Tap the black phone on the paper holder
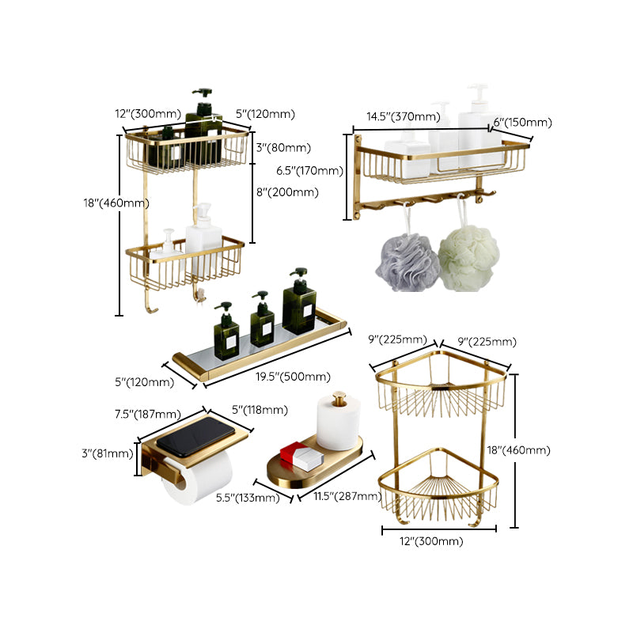point(199,434)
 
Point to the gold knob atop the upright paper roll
point(339,396)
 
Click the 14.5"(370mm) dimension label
point(403,116)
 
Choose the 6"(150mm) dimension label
point(522,122)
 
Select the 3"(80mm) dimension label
point(282,147)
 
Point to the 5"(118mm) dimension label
point(260,409)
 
